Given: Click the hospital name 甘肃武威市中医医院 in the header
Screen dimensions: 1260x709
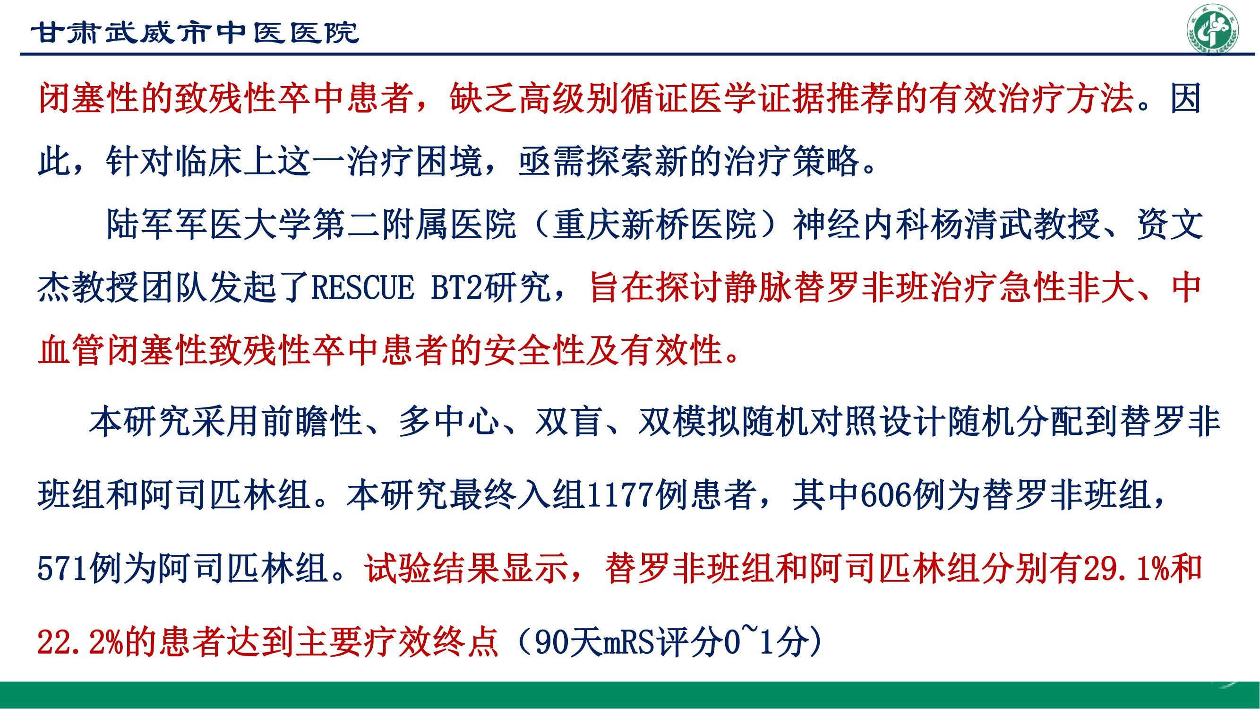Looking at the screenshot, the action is pyautogui.click(x=195, y=33).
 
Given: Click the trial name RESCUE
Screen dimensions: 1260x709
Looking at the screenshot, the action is pyautogui.click(x=362, y=288).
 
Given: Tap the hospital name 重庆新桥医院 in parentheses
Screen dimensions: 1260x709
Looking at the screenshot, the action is pyautogui.click(x=655, y=225).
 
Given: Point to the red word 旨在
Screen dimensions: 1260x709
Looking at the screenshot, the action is pyautogui.click(x=621, y=288).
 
